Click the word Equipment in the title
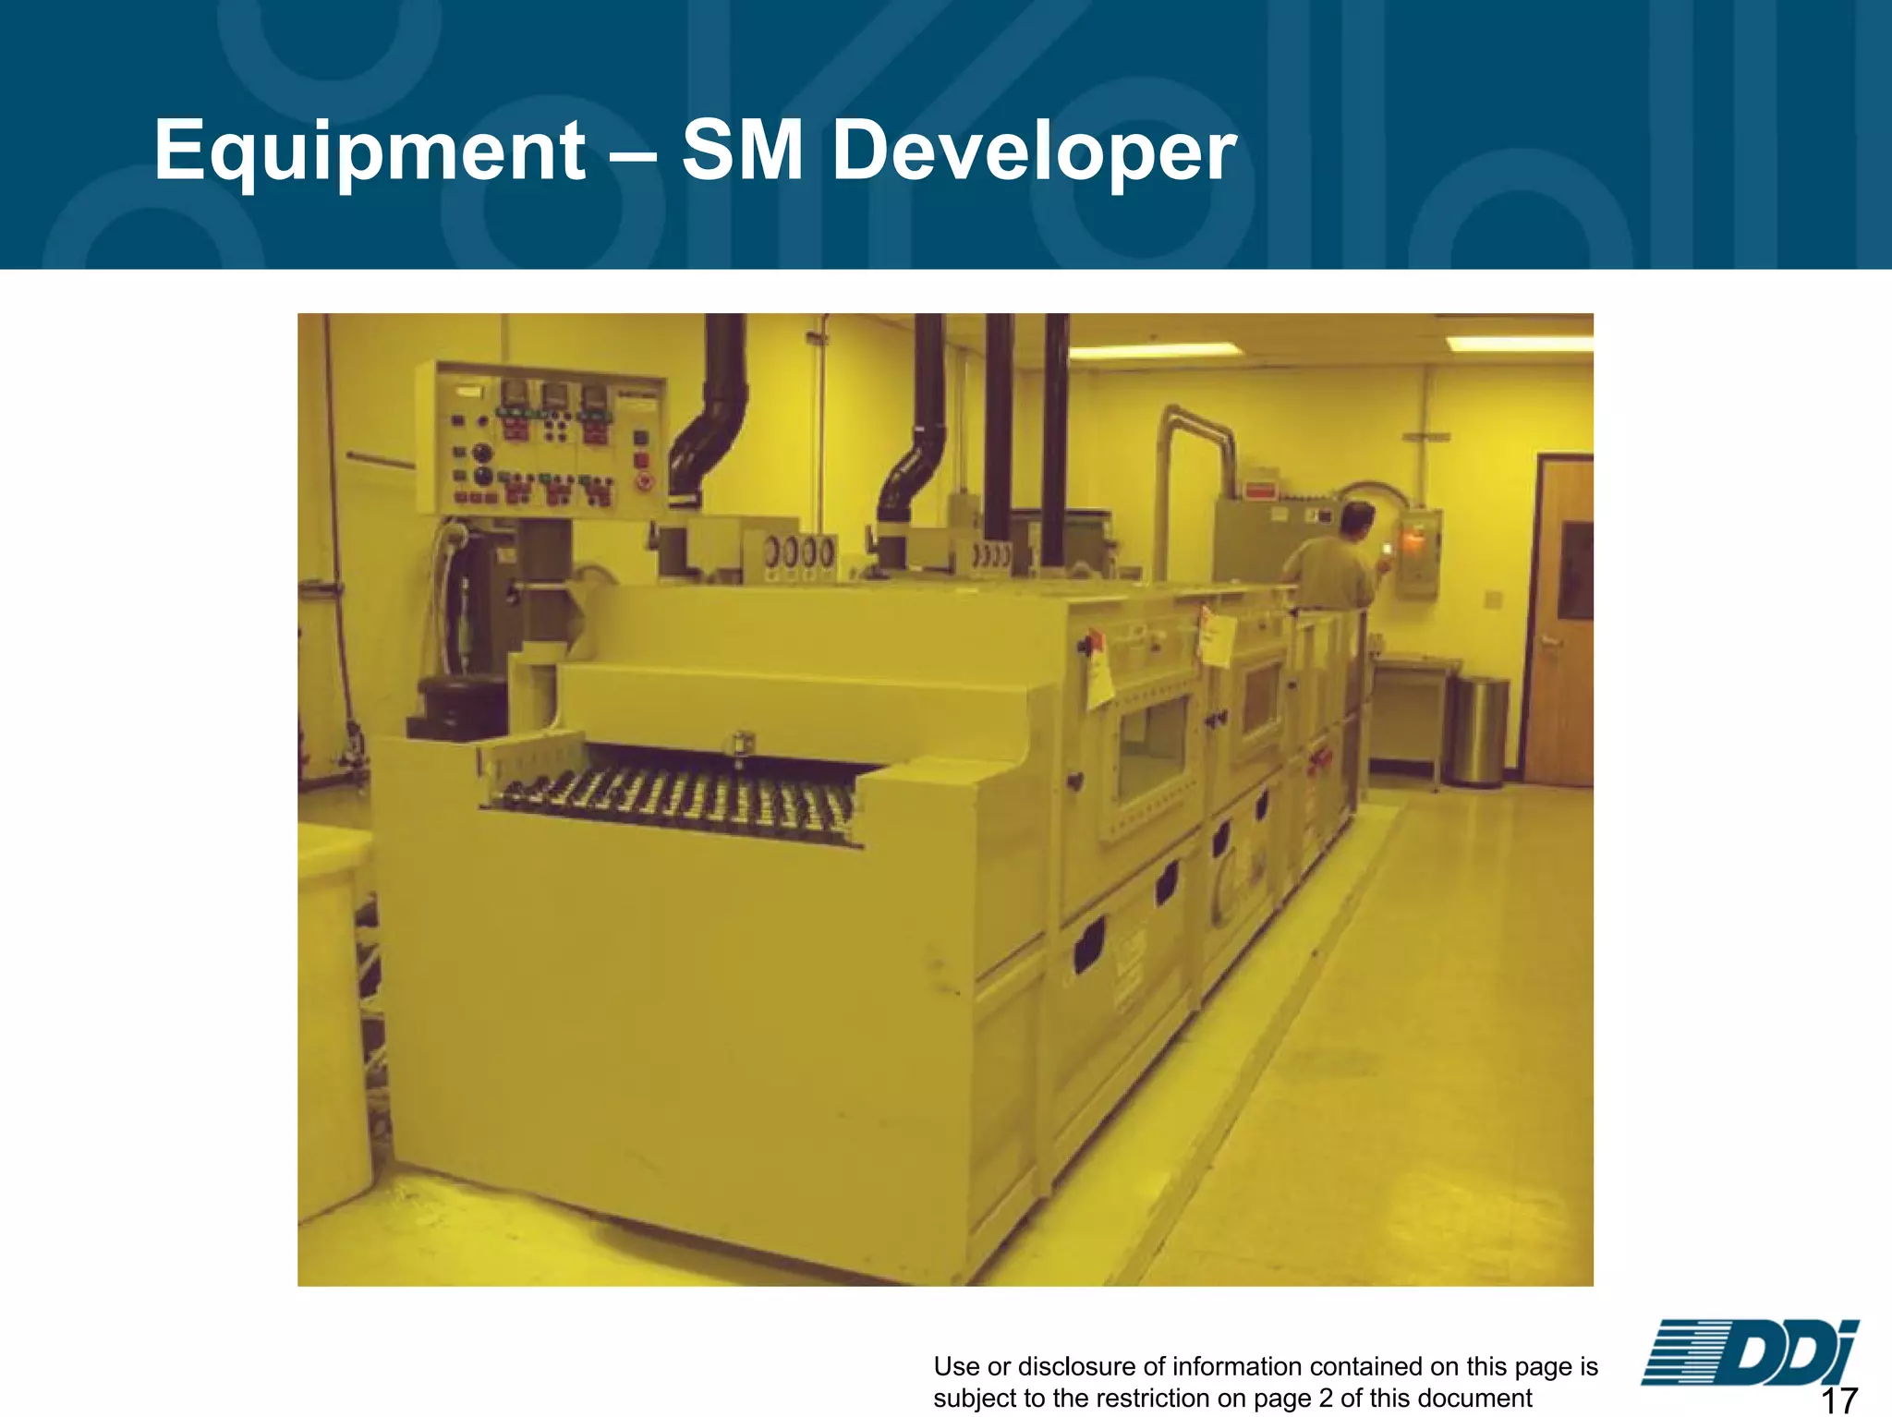pos(370,152)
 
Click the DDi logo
pos(1749,1352)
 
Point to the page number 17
pos(1838,1399)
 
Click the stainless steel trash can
pos(1475,730)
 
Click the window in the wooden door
pos(1575,570)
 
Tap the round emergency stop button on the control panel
pos(646,481)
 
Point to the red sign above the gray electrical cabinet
pos(1262,490)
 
